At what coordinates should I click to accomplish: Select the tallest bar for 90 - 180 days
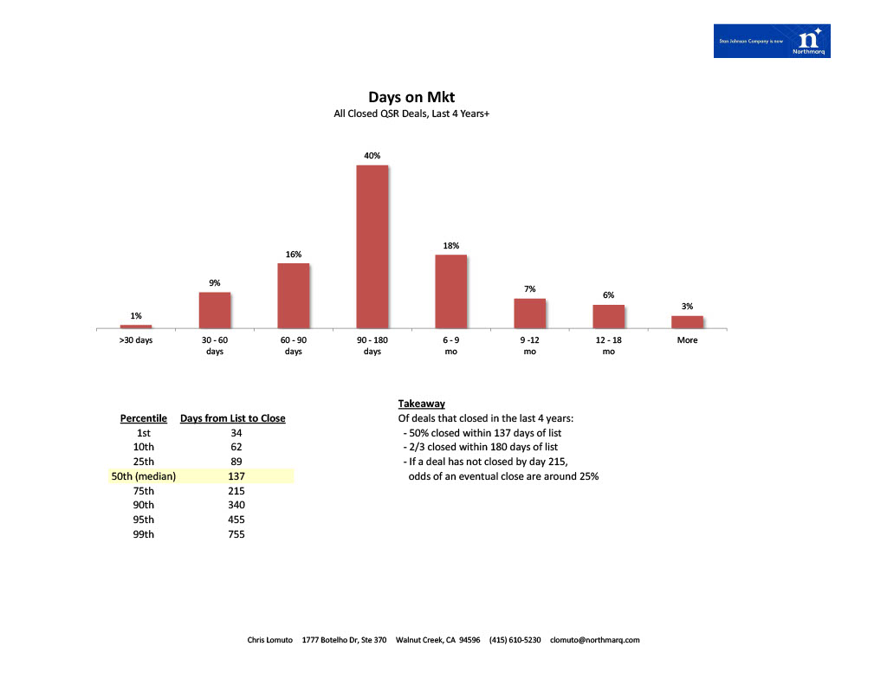pyautogui.click(x=372, y=247)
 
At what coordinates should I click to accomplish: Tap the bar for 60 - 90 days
pyautogui.click(x=294, y=295)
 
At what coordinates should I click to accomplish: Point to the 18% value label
pyautogui.click(x=450, y=246)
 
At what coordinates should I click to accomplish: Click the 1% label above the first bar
pyautogui.click(x=136, y=316)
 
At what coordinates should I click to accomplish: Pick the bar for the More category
pyautogui.click(x=687, y=321)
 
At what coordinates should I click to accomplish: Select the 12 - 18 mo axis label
pyautogui.click(x=608, y=346)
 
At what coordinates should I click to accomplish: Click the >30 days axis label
pyautogui.click(x=136, y=340)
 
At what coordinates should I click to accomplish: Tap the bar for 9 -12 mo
pyautogui.click(x=529, y=313)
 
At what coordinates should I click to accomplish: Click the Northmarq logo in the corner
pyautogui.click(x=772, y=42)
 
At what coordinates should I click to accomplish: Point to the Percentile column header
pyautogui.click(x=144, y=418)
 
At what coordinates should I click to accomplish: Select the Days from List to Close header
pyautogui.click(x=232, y=418)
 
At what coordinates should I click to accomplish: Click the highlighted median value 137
pyautogui.click(x=236, y=476)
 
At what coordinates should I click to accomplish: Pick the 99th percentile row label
pyautogui.click(x=144, y=534)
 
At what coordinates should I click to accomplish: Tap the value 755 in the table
pyautogui.click(x=236, y=534)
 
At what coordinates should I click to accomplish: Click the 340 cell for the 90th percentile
pyautogui.click(x=236, y=505)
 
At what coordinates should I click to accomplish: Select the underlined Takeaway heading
pyautogui.click(x=422, y=404)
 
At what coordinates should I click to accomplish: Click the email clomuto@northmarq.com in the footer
pyautogui.click(x=594, y=640)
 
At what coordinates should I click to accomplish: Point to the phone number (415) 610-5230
pyautogui.click(x=515, y=640)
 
